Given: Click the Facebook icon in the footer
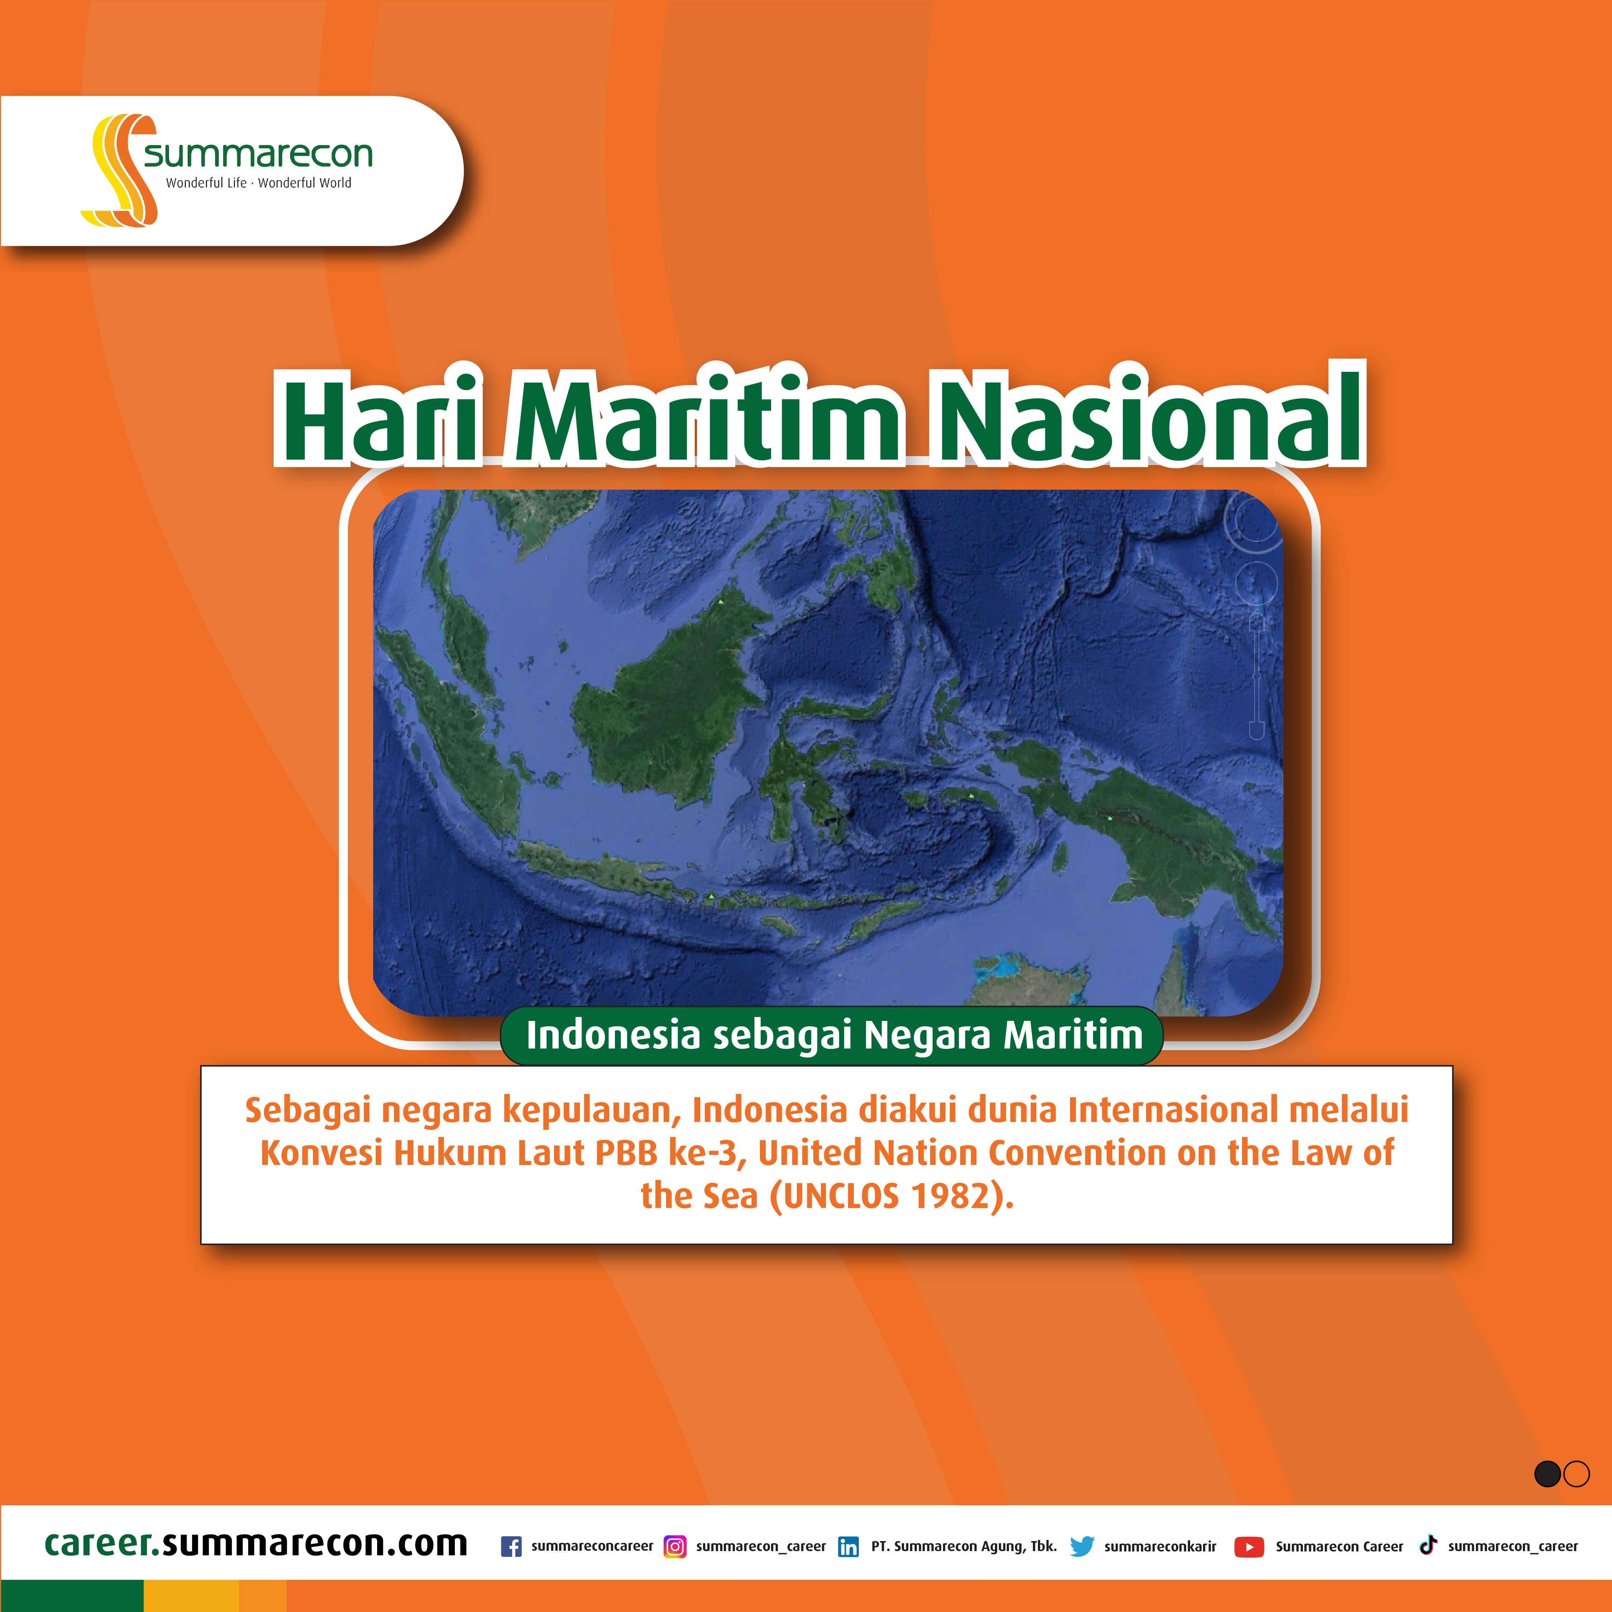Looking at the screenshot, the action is point(511,1546).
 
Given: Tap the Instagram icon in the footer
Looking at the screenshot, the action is point(674,1546).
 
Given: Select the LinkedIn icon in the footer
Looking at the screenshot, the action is point(848,1546).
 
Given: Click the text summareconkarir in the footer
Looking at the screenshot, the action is point(1160,1546).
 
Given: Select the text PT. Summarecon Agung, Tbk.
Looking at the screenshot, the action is point(964,1546).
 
